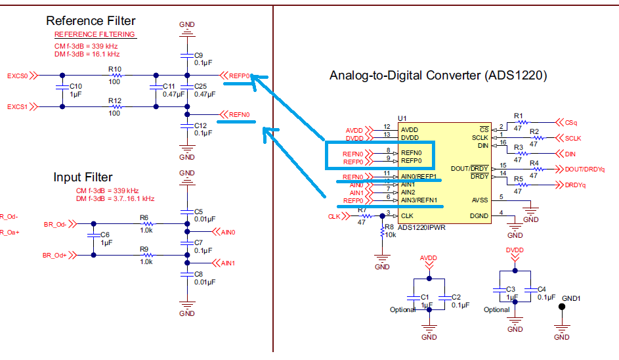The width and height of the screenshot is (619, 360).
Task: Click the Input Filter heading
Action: point(83,177)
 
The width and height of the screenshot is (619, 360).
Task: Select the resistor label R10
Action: point(115,68)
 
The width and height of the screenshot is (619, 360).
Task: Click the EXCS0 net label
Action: point(18,76)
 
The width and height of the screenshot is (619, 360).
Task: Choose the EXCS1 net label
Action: point(18,106)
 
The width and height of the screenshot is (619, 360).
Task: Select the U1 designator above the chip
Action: point(402,118)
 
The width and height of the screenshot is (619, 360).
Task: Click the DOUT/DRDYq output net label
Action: point(584,169)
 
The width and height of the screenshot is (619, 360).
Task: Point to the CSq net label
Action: point(571,122)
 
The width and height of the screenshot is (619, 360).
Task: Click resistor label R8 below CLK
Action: point(389,227)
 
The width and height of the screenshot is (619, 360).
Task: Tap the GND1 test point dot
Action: point(562,307)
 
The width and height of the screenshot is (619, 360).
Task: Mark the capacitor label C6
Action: point(104,235)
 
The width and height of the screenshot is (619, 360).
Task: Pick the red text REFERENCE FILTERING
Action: point(95,34)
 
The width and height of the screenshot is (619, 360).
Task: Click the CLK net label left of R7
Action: point(335,216)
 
